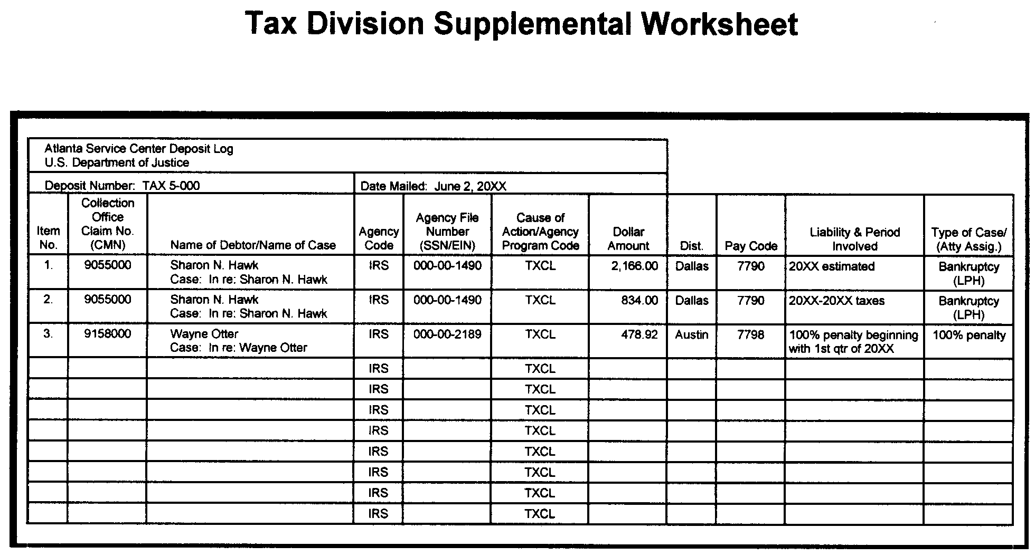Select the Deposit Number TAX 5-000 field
(122, 186)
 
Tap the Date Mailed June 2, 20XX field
(433, 186)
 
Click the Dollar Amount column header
(628, 238)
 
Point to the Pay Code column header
(751, 246)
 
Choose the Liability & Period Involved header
(854, 239)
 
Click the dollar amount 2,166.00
(634, 266)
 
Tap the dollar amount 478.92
(639, 334)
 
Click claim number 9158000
(108, 334)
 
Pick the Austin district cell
(692, 334)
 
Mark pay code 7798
(750, 334)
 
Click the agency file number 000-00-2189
(447, 334)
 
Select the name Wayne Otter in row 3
(204, 334)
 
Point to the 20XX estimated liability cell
(832, 266)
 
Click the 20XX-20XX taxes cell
(836, 301)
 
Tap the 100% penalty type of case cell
(969, 335)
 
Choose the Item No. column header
(48, 237)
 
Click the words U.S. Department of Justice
(117, 162)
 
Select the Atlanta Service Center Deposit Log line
(139, 149)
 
